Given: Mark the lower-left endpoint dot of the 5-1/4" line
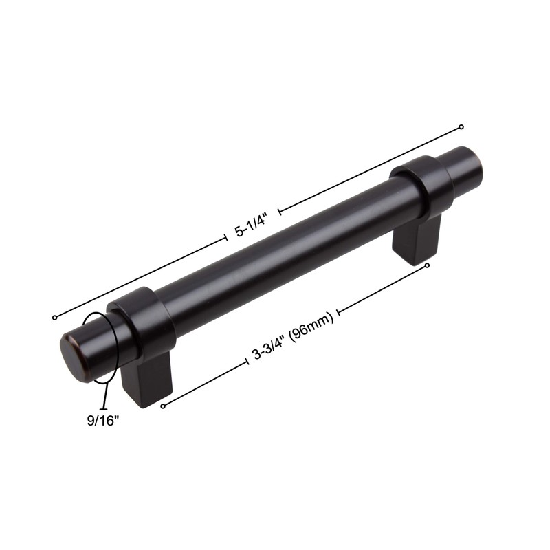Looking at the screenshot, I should (x=54, y=318).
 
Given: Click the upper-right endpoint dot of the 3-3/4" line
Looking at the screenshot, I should (x=427, y=265).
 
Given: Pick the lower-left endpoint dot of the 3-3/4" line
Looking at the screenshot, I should (x=163, y=406).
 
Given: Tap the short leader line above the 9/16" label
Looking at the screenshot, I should (x=104, y=396).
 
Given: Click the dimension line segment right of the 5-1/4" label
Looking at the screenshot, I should (x=371, y=169).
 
